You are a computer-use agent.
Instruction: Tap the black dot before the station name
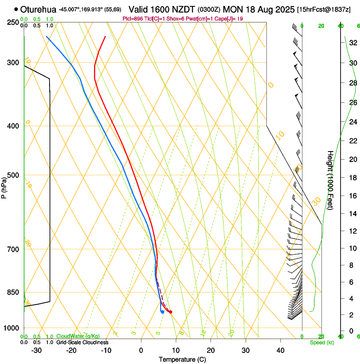coord(16,9)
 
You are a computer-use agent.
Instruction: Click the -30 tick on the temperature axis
coord(36,350)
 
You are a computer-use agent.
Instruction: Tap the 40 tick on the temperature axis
coord(280,350)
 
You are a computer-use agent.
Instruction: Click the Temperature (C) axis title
coord(182,359)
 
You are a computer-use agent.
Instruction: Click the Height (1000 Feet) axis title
coord(330,186)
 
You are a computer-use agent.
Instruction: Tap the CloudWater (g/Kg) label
coord(75,336)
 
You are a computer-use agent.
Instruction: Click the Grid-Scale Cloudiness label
coord(82,342)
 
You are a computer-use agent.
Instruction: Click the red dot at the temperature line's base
coord(170,312)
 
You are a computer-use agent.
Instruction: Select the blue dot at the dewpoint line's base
coord(162,312)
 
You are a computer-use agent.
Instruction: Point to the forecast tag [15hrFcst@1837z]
coord(324,9)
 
